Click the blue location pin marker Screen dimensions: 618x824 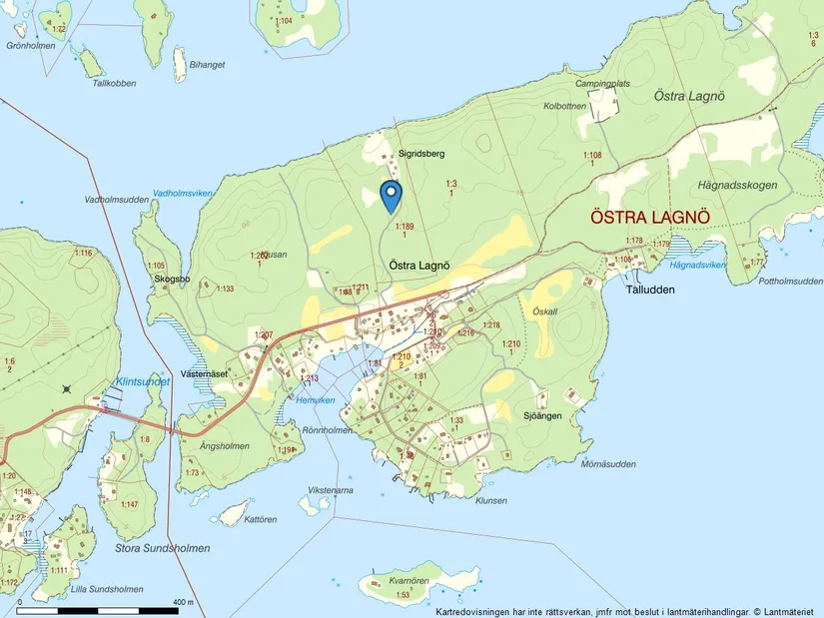tap(392, 195)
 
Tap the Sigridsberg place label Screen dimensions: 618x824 tap(420, 154)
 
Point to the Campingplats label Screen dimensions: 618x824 tap(631, 86)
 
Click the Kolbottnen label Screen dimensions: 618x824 tap(564, 106)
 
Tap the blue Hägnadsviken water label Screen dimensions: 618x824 tap(697, 265)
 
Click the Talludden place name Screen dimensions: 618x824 tap(650, 290)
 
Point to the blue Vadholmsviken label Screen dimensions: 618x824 tap(183, 193)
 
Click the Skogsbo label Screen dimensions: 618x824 tap(172, 280)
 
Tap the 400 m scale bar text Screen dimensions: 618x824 tap(182, 602)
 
